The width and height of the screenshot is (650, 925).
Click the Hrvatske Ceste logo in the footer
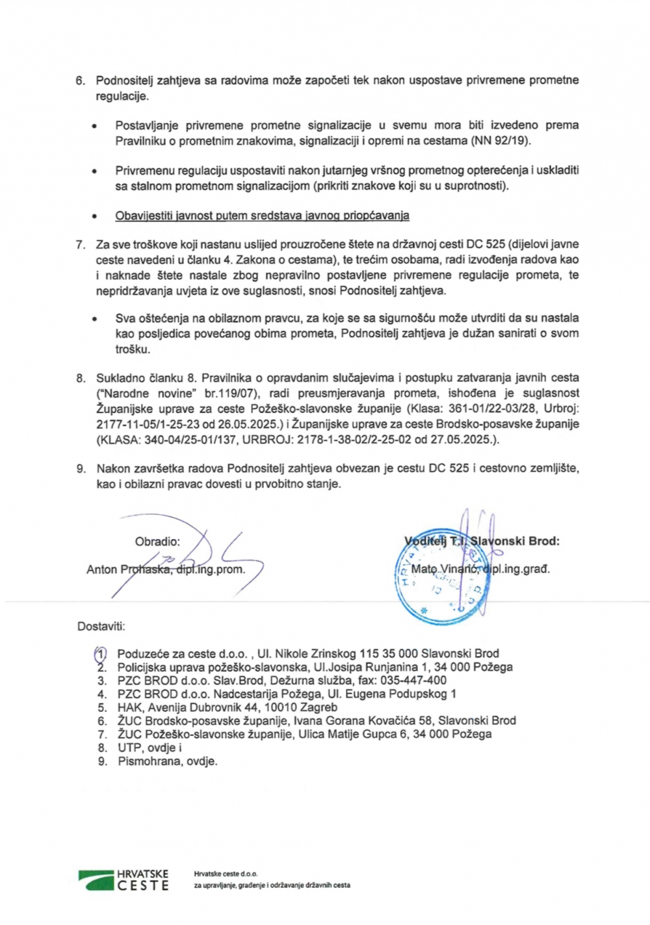point(123,880)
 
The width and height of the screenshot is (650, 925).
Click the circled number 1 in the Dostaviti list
point(101,653)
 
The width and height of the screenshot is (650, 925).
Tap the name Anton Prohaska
point(128,570)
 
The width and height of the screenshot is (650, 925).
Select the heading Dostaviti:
point(101,627)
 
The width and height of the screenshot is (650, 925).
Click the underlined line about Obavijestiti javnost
point(262,216)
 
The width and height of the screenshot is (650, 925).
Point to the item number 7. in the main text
point(81,245)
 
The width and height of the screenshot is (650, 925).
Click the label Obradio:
point(157,542)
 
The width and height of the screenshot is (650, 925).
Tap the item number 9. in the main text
point(81,468)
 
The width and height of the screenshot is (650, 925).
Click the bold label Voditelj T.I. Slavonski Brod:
point(482,541)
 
